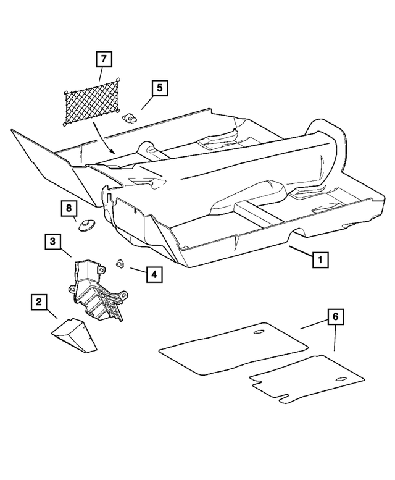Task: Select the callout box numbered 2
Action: (39, 302)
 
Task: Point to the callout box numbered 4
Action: (155, 272)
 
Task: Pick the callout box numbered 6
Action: (335, 318)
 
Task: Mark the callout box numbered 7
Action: (103, 60)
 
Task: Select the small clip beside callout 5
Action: (130, 117)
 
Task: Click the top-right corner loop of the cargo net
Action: (118, 80)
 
